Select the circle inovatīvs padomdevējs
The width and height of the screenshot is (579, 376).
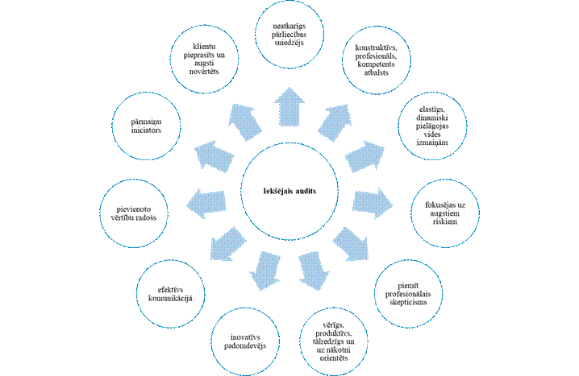[x=245, y=339]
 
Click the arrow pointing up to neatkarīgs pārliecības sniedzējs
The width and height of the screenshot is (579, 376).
[x=288, y=101]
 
